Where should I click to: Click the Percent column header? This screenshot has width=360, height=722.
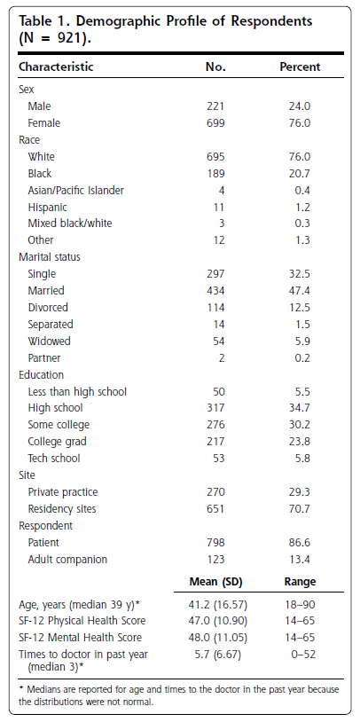300,67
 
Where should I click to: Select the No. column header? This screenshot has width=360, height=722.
215,67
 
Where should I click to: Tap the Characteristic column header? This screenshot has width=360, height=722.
56,67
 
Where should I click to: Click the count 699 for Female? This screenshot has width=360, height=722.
215,123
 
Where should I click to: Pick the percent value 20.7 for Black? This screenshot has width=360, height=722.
300,174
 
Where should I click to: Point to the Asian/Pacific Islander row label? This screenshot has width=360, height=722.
76,190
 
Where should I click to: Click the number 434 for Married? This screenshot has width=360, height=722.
215,291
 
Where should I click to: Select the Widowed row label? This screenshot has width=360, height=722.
50,341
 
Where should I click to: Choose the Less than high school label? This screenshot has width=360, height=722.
77,391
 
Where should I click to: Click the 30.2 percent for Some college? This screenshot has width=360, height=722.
300,425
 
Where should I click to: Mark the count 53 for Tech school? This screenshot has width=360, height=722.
218,459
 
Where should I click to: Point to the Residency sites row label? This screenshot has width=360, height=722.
62,509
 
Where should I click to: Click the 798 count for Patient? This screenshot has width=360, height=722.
215,543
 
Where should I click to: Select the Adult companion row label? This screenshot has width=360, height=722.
67,560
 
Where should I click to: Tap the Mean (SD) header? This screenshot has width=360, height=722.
215,582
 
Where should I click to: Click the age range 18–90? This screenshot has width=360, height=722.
300,604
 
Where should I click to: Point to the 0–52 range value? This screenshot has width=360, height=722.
303,654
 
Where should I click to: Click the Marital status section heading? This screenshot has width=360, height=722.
50,257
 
